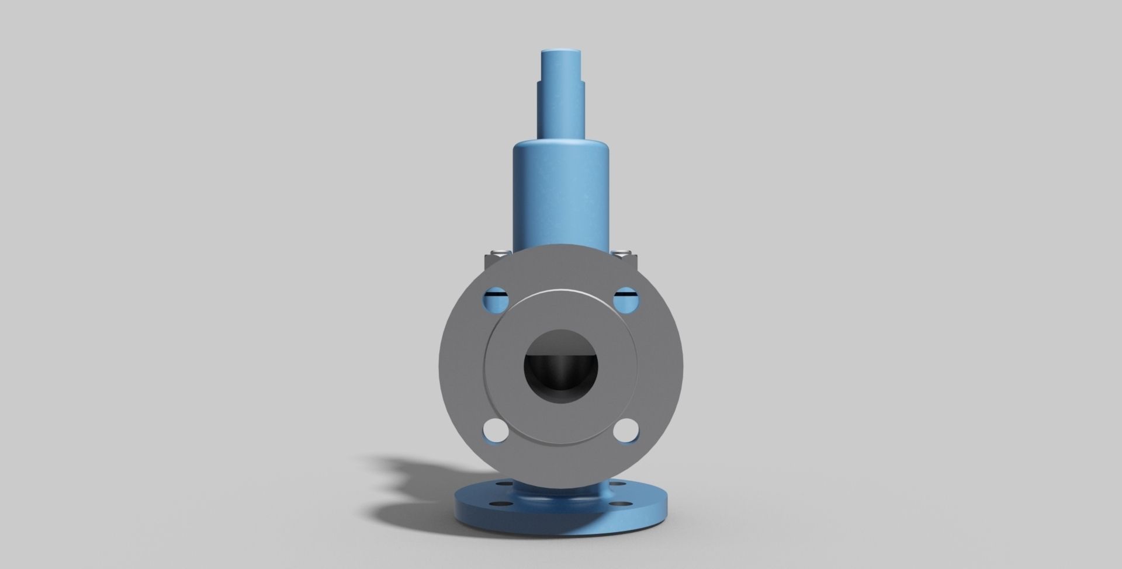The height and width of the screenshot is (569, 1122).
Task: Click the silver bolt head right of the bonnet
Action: pyautogui.click(x=624, y=253)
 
